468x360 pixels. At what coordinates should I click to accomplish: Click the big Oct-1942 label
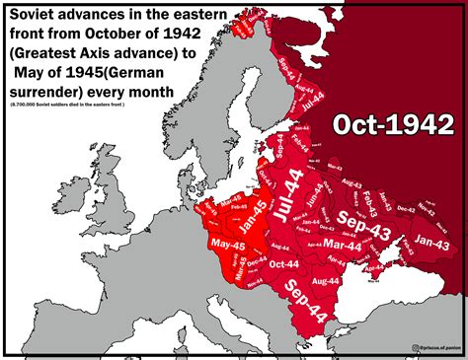click(x=392, y=126)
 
